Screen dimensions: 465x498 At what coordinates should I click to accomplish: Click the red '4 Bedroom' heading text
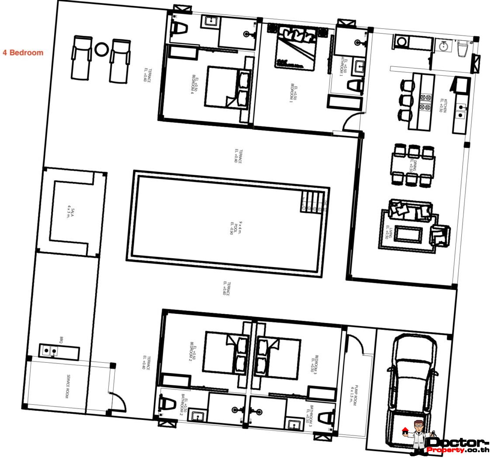pyautogui.click(x=23, y=53)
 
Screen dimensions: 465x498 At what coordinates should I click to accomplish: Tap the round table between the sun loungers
pyautogui.click(x=101, y=49)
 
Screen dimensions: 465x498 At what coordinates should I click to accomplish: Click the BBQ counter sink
pyautogui.click(x=50, y=350)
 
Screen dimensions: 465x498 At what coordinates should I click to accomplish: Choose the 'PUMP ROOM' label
pyautogui.click(x=354, y=396)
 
